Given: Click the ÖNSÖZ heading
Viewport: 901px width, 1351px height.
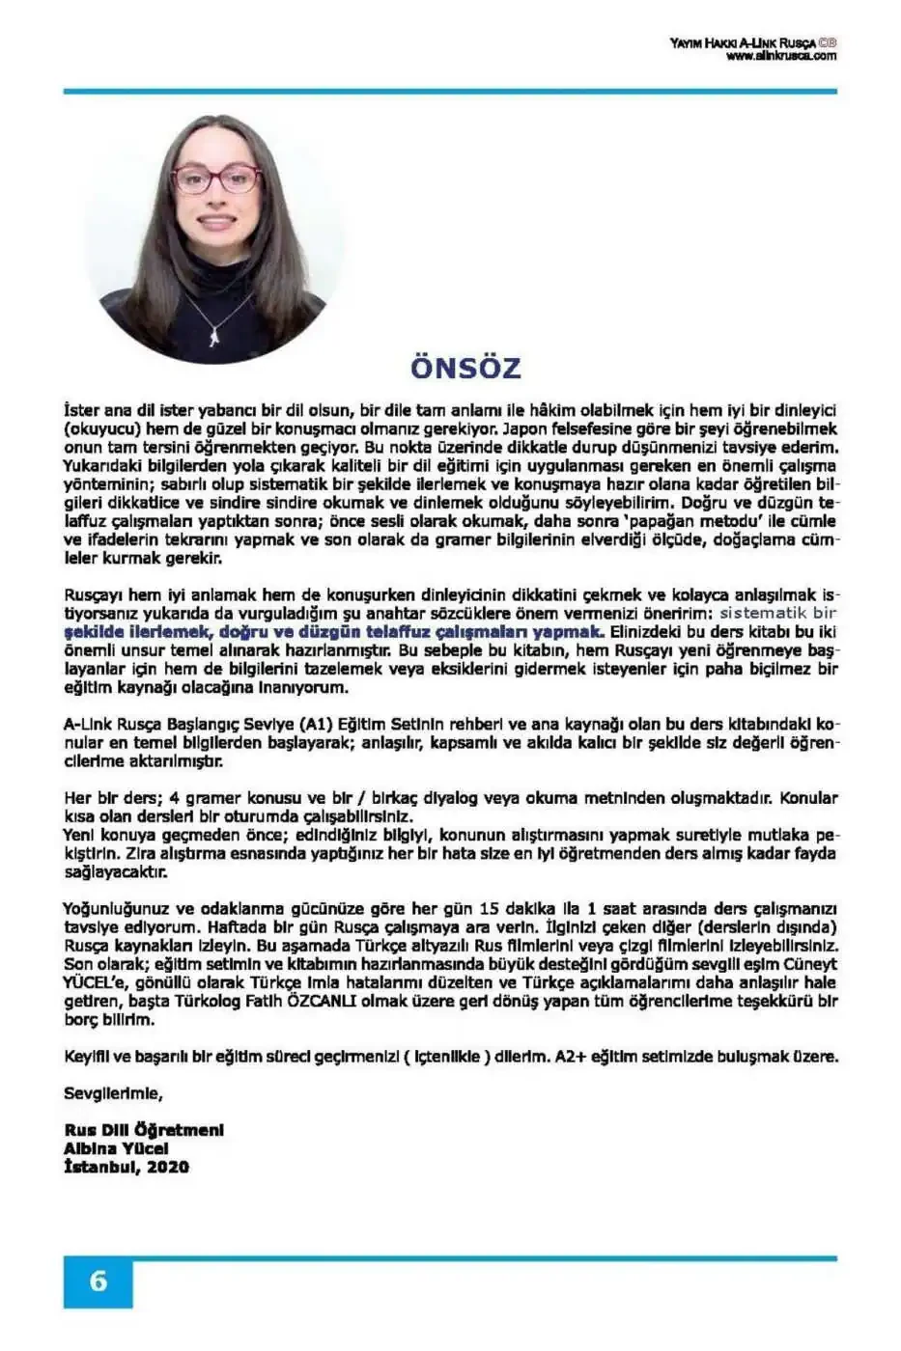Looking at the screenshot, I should [465, 368].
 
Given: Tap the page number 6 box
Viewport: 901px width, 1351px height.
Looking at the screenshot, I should [98, 1282].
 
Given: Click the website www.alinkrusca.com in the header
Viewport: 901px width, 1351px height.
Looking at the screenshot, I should [780, 56].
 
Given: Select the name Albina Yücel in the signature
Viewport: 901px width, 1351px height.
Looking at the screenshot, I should [116, 1148].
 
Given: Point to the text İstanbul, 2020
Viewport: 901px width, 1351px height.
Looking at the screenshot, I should [127, 1167].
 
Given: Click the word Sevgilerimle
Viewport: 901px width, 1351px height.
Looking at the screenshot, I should [113, 1093].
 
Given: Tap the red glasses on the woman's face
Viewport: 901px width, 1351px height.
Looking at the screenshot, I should [217, 179].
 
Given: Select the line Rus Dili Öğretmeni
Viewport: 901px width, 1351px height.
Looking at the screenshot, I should [144, 1130].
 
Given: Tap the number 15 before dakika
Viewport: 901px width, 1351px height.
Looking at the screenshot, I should [489, 908].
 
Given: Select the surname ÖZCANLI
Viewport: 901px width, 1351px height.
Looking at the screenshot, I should [322, 1001].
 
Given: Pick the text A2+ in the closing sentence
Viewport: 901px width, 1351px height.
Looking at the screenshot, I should [570, 1057].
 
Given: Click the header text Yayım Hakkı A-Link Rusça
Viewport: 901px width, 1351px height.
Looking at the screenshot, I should [742, 42].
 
